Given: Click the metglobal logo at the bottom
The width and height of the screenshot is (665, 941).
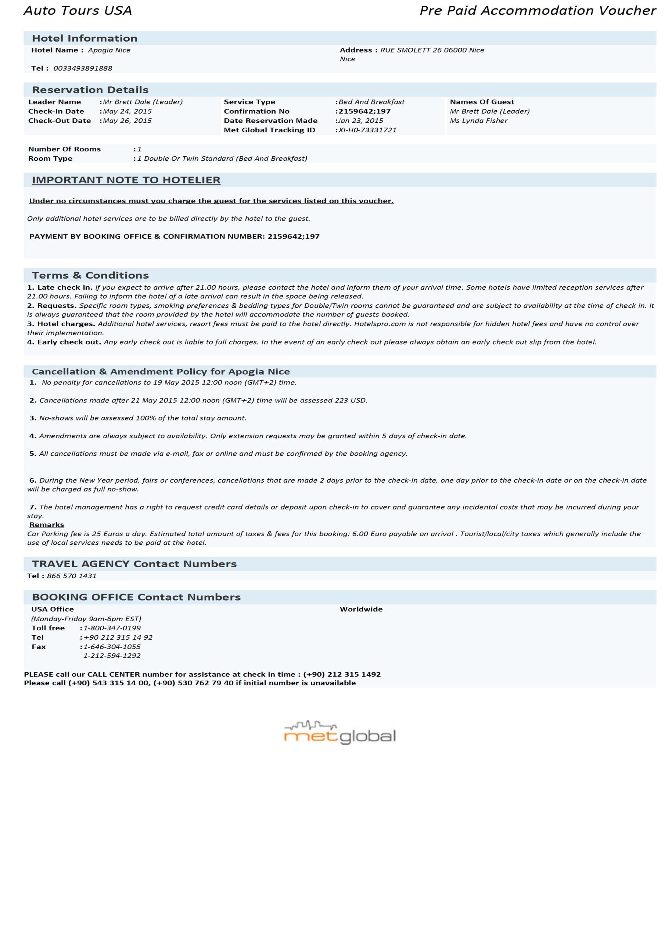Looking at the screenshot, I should point(340,733).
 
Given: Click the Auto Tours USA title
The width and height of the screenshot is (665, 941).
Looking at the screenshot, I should point(78,11).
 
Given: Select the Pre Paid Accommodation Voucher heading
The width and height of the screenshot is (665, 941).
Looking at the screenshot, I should point(538,11).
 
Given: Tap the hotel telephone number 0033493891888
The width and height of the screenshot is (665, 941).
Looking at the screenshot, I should point(83,68).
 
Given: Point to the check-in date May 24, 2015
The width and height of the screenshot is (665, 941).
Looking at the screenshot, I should point(127,111).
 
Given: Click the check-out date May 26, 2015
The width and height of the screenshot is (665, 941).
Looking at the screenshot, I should point(127,121).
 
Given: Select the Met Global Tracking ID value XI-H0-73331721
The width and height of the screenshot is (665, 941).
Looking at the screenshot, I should point(367,130).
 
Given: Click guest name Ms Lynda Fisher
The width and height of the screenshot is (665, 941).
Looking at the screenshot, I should point(479,121).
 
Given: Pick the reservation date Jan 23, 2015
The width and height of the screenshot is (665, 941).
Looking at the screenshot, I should point(360,121).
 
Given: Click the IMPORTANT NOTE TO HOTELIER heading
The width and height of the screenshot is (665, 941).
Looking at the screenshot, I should point(126,180).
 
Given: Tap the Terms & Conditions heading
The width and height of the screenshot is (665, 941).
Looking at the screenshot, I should point(90,275).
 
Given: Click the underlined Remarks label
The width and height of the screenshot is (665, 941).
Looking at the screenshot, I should point(47,525).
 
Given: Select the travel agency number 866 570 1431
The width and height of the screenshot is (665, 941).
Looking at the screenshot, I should point(72,576).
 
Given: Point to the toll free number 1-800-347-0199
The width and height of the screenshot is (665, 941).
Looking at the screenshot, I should point(112,628).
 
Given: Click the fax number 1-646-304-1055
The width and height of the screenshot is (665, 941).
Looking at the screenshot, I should point(112,647).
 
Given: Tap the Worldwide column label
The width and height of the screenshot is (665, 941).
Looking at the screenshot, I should point(361,609).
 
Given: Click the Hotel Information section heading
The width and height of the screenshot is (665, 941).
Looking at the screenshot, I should point(85,39).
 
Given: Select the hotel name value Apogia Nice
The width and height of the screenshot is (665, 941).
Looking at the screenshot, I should point(109,50).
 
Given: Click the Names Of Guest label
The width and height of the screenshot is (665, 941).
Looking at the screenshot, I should point(482,102).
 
